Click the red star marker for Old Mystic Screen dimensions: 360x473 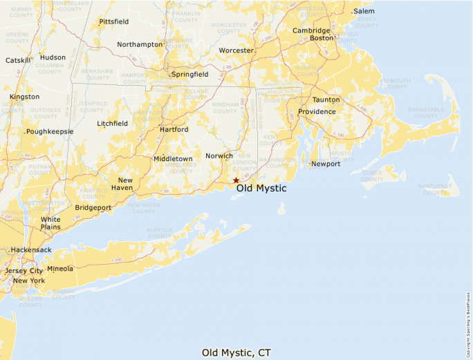(236, 180)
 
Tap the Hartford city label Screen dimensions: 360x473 (174, 129)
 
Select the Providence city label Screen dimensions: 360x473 (317, 111)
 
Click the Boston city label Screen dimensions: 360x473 (322, 38)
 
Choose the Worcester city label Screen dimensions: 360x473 (236, 50)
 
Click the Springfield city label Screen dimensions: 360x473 (190, 73)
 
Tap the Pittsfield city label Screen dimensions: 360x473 (113, 21)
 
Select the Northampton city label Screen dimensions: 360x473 (139, 44)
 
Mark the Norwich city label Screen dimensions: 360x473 (219, 155)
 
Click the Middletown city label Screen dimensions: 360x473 (173, 158)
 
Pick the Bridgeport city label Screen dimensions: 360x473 (93, 207)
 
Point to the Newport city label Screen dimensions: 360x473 (326, 164)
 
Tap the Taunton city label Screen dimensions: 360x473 (326, 100)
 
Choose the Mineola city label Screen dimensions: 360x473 (60, 268)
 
